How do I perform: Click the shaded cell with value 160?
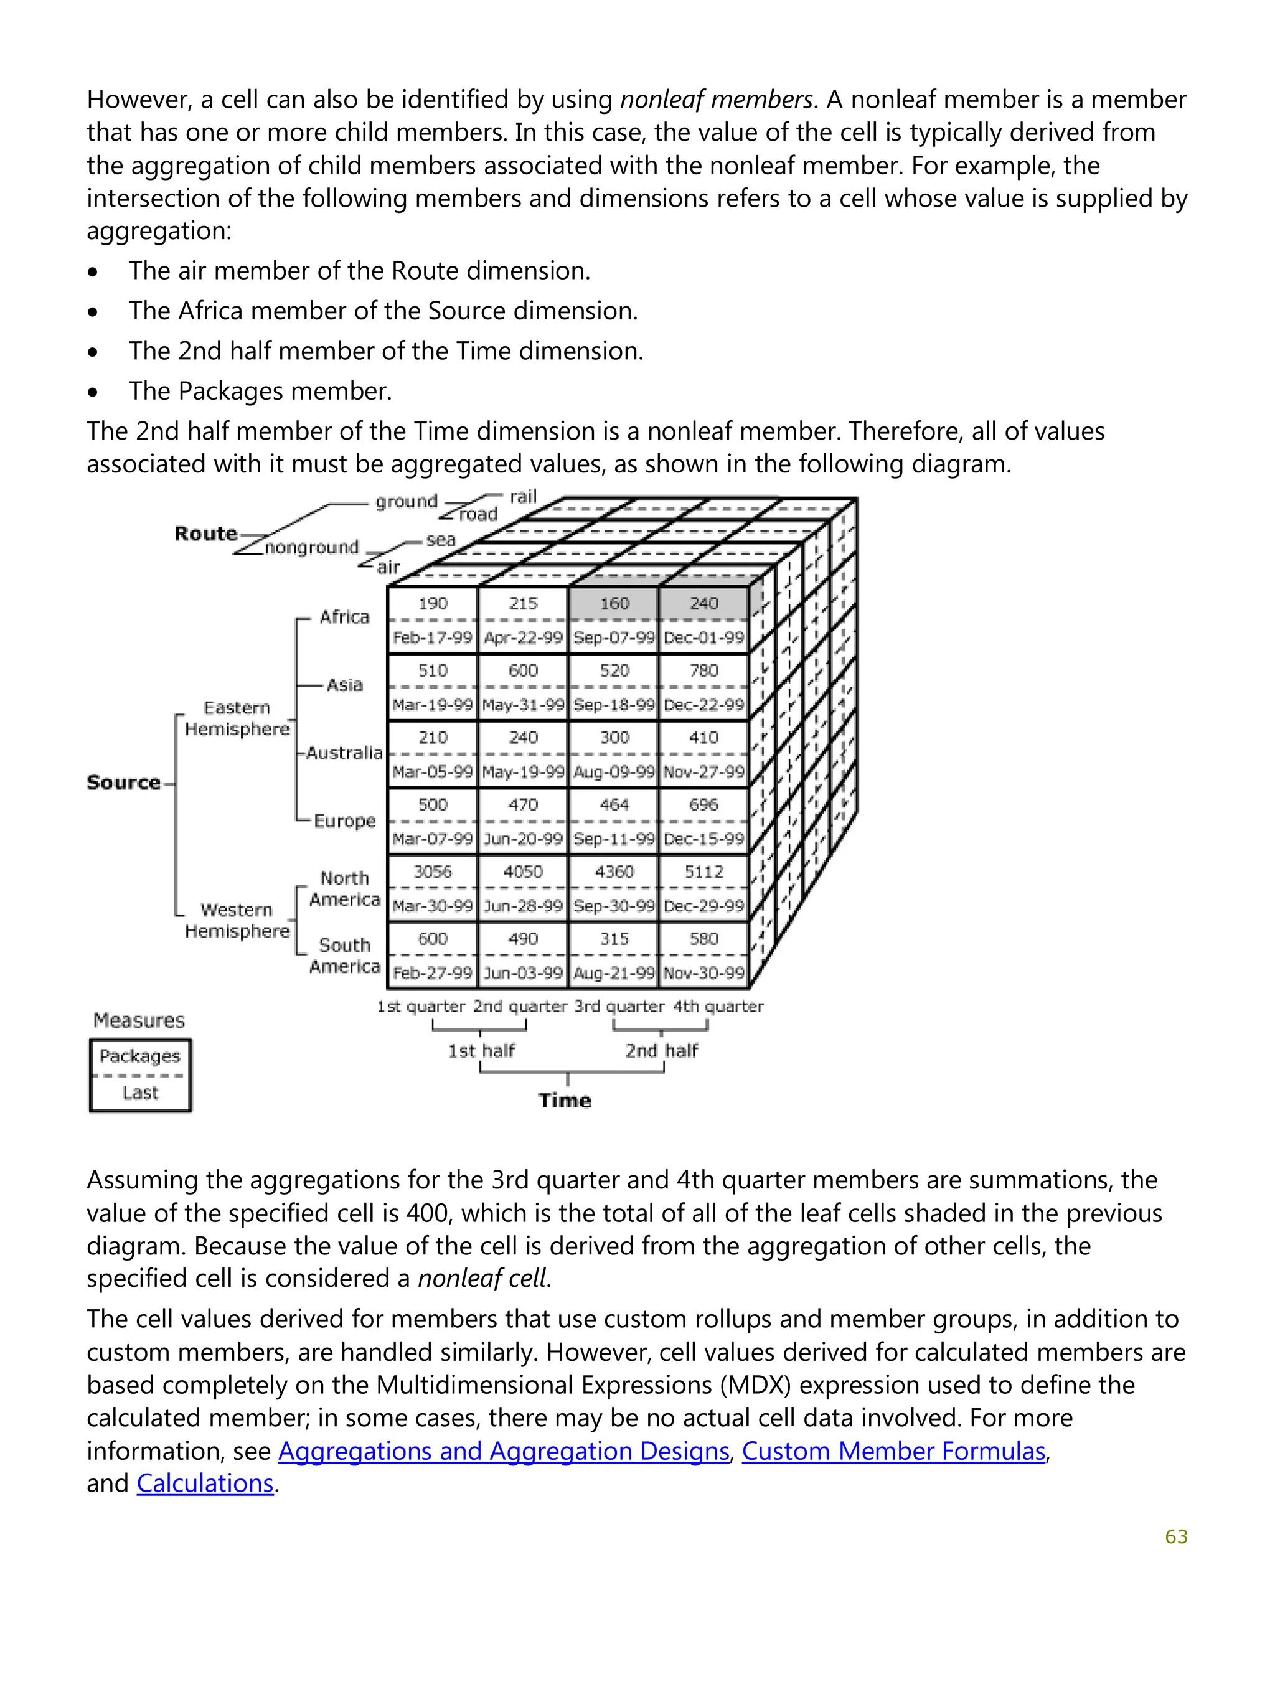point(614,604)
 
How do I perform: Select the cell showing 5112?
point(703,872)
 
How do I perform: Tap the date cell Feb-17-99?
point(433,637)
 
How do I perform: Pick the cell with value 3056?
point(433,872)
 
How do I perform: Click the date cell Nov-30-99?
point(703,973)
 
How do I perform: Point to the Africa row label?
point(344,617)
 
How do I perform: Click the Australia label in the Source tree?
point(344,753)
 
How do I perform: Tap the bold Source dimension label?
point(123,783)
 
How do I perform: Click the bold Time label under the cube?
point(565,1100)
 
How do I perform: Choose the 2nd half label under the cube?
point(661,1050)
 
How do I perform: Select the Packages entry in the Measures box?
point(139,1056)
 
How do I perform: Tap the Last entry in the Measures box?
point(139,1093)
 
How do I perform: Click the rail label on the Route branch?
point(523,496)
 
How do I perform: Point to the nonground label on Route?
point(311,547)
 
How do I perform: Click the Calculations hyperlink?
point(205,1483)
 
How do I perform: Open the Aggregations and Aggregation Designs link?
point(503,1450)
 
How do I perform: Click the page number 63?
point(1175,1536)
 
